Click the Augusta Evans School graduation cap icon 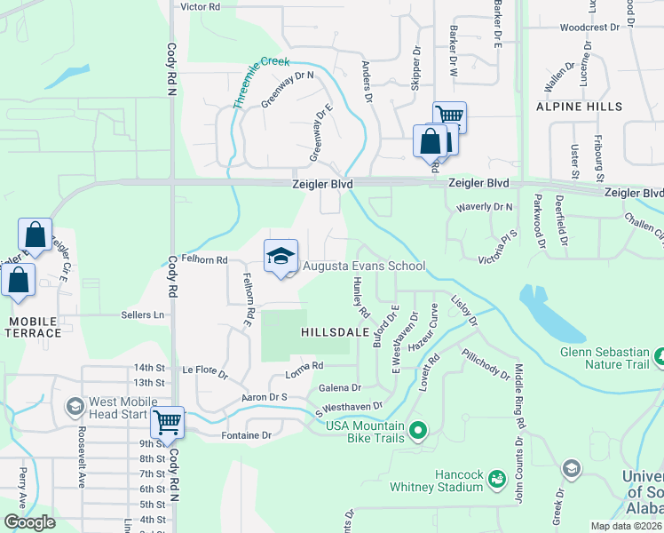point(281,257)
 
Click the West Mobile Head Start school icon point(75,407)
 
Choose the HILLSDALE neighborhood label point(335,331)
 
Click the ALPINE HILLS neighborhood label point(579,106)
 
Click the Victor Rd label point(200,6)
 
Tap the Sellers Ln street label point(144,314)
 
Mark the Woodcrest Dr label point(589,28)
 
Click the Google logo point(29,522)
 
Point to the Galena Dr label point(340,387)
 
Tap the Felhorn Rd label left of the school point(205,260)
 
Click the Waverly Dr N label point(485,207)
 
